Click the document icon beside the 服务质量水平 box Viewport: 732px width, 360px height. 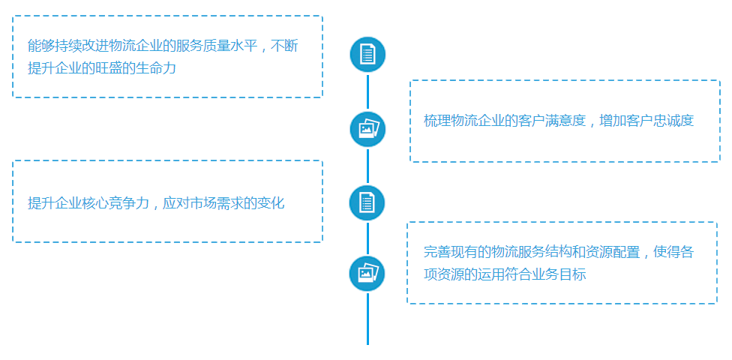tap(367, 55)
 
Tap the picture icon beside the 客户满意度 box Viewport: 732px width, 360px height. tap(367, 129)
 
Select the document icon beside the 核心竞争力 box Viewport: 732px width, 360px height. tap(367, 202)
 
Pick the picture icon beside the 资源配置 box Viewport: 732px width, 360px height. tap(367, 274)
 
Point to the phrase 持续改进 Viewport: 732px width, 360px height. tap(82, 46)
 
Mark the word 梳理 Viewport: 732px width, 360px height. tap(436, 121)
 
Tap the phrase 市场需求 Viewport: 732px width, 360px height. tap(216, 202)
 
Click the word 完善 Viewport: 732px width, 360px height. tap(436, 253)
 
